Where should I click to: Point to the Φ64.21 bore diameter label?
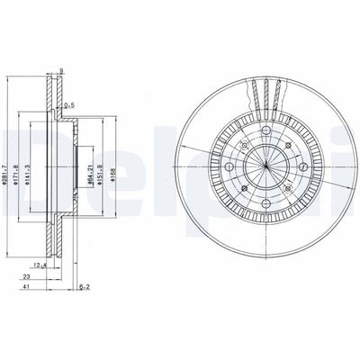[88, 172]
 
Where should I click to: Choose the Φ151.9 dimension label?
[99, 172]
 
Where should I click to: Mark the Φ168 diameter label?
[112, 172]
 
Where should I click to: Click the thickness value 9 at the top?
[61, 72]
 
